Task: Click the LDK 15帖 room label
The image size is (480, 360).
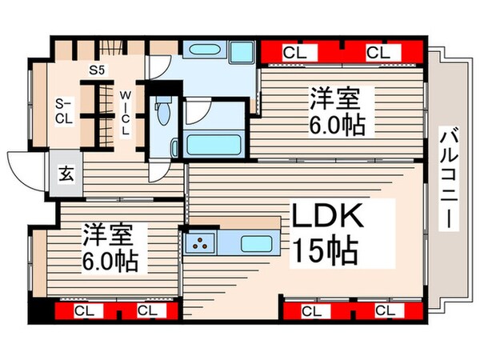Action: [329, 233]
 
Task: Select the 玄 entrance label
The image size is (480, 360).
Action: [65, 173]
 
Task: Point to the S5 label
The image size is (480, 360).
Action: [97, 70]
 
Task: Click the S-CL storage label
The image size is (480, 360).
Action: [64, 110]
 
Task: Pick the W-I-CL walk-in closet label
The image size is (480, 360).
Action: [126, 113]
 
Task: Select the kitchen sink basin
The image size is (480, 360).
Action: [255, 242]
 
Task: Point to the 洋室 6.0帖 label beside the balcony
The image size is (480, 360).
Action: [335, 111]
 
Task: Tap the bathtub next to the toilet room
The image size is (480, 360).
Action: [213, 145]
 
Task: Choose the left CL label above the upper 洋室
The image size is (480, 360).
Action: [294, 53]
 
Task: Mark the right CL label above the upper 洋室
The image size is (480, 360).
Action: [378, 53]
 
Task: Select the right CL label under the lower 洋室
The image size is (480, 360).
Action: [145, 310]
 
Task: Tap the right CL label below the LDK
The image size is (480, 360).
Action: [385, 310]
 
